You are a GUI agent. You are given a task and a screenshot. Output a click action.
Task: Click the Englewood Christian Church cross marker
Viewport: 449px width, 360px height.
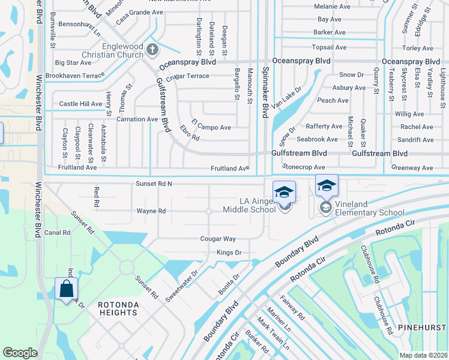point(152,50)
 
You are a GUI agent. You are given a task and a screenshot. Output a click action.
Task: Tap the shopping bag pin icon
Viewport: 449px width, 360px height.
point(65,289)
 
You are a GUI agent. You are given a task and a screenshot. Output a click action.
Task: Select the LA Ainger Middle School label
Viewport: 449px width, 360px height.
point(250,205)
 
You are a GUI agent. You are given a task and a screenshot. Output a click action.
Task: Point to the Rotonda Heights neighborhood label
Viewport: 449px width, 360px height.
point(119,308)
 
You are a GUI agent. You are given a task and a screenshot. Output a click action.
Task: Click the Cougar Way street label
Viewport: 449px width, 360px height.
point(218,239)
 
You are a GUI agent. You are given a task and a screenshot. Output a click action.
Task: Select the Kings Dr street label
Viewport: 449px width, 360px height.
point(229,253)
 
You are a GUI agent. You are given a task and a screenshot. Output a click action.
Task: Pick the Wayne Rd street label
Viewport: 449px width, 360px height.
point(151,211)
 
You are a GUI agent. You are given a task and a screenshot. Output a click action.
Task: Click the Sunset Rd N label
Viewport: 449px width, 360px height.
point(154,184)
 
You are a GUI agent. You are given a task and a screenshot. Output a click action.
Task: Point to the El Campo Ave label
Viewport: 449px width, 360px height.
point(211,128)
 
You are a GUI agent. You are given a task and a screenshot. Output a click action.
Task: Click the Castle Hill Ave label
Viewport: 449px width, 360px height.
point(80,104)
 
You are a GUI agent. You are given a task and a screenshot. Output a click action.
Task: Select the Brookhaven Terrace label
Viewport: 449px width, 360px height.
point(75,77)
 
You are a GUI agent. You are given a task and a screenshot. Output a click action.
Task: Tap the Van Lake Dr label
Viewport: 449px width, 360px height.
point(286,97)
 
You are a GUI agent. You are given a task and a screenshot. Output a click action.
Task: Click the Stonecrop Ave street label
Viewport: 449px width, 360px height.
point(303,167)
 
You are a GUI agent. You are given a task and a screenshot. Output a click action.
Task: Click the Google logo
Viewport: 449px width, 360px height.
point(20,353)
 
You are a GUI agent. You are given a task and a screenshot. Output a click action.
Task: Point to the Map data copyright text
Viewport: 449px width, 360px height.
point(423,355)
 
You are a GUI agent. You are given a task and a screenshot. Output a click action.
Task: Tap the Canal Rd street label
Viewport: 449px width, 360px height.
point(58,232)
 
